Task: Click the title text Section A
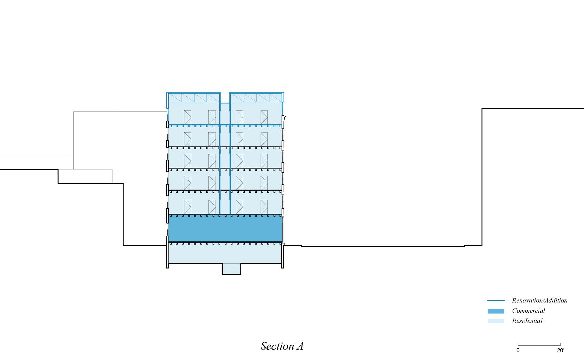[282, 346]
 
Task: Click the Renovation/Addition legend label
[539, 301]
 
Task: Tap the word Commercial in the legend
[528, 311]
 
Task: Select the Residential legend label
[527, 321]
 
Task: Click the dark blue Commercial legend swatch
[496, 311]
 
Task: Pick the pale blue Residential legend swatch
[496, 321]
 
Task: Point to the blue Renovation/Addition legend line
[496, 301]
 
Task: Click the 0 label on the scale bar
[518, 350]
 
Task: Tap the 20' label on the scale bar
[560, 350]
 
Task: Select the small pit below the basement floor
[231, 269]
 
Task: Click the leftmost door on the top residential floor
[188, 117]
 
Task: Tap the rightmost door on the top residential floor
[264, 117]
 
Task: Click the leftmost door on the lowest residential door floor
[188, 207]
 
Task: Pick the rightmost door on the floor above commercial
[264, 207]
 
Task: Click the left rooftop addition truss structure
[194, 98]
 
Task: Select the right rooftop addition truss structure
[256, 98]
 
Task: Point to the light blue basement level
[225, 255]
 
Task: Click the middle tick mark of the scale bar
[539, 344]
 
